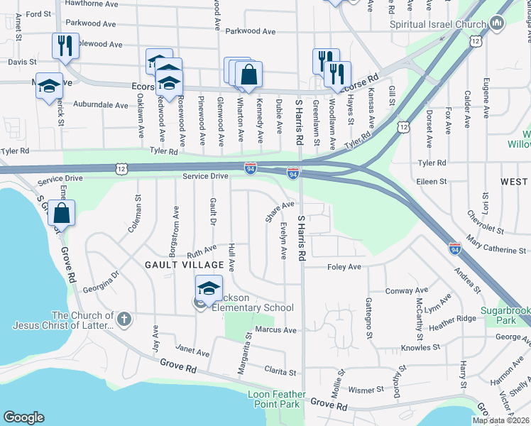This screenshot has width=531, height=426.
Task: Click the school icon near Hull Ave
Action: (209, 288)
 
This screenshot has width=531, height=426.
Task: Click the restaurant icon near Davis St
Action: (65, 46)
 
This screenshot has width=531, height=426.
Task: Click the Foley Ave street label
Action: (344, 267)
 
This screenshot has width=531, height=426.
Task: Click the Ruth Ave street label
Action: (202, 251)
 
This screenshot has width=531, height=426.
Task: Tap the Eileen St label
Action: (431, 181)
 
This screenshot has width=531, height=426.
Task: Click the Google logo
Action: (24, 417)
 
